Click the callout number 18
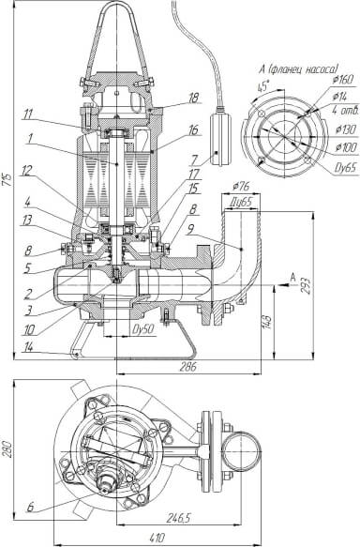(x=193, y=98)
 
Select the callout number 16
(x=193, y=130)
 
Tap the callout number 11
(x=28, y=114)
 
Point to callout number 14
(x=28, y=347)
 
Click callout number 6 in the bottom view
(x=30, y=507)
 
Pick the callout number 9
(x=190, y=229)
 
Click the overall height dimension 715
(x=8, y=178)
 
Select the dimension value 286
(x=188, y=366)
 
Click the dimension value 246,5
(x=178, y=518)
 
